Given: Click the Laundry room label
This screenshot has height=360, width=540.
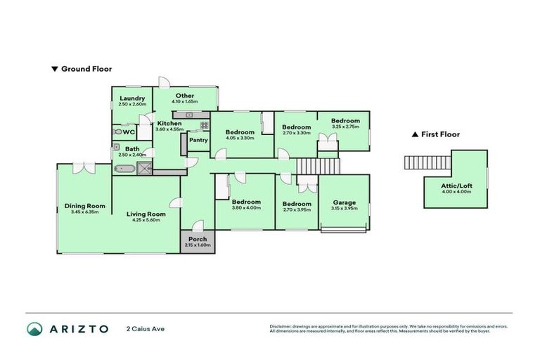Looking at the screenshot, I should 132,98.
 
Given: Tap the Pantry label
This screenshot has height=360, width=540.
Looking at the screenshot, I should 199,139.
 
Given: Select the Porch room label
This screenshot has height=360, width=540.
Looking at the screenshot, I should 197,238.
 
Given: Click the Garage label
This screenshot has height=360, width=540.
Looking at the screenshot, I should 345,202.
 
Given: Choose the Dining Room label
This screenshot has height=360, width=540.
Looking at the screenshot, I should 82,205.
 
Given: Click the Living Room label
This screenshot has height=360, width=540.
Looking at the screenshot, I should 146,214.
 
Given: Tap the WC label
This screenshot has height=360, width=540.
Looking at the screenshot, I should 129,131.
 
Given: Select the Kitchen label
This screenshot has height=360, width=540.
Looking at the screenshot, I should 169,123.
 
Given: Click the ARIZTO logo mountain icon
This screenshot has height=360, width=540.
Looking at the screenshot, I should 34,329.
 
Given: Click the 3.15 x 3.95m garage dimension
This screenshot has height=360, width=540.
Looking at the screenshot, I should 345,209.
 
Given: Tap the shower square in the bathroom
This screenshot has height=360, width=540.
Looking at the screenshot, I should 145,168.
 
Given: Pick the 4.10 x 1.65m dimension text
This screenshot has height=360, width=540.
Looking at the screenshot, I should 185,102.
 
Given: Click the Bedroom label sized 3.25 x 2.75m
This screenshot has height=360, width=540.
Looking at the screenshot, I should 345,120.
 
